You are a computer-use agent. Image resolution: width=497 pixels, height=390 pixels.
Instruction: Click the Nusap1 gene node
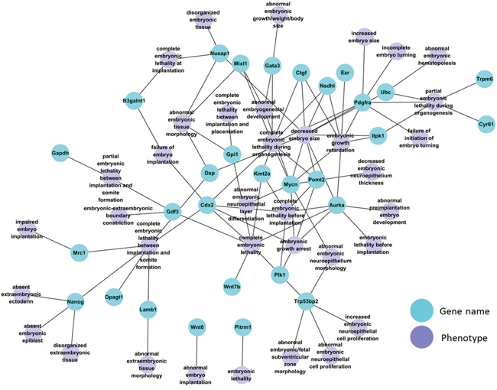220,54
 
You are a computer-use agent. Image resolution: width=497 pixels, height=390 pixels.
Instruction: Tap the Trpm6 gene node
484,79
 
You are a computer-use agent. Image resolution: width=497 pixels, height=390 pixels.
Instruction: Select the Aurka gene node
337,206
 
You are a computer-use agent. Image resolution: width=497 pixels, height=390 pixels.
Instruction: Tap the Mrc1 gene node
79,252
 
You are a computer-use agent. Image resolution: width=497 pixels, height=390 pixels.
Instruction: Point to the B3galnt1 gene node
134,100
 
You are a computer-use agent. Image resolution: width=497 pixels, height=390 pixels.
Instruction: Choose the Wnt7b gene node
232,287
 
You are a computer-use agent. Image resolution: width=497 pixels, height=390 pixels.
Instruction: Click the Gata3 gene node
272,66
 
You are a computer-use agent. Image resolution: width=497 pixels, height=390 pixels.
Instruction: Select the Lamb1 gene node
148,310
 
